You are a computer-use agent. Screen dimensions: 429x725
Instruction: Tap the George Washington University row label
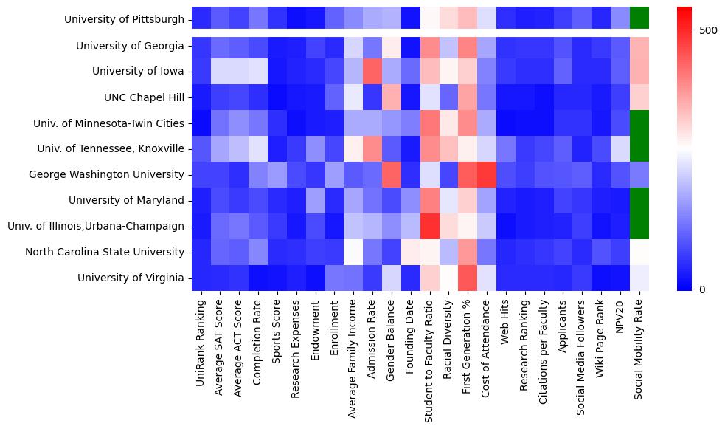106,175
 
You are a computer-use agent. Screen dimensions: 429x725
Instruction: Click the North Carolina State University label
105,252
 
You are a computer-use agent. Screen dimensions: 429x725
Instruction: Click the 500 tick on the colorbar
707,30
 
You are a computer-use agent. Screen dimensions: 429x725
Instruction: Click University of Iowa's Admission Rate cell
372,72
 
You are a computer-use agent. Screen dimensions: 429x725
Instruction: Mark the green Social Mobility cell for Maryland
640,200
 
